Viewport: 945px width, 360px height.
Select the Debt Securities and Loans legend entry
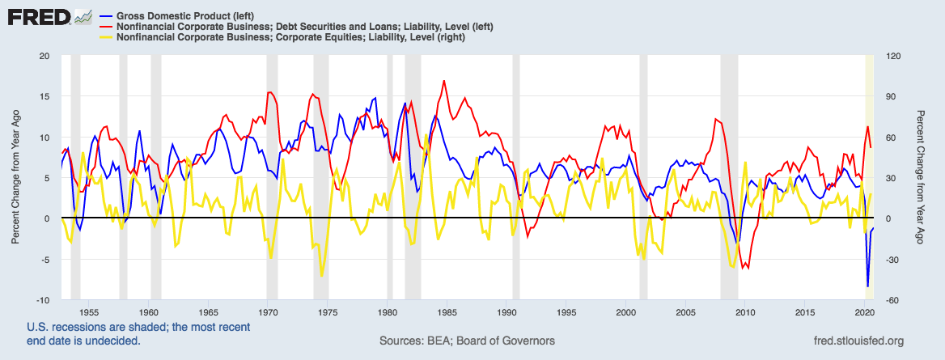tap(300, 27)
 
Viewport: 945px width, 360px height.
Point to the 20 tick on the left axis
tap(44, 56)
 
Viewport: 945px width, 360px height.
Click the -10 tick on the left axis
tap(42, 300)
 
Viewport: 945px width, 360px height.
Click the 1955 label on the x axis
tap(89, 311)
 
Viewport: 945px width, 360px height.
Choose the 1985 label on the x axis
tap(447, 311)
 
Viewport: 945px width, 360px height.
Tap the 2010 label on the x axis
tap(746, 311)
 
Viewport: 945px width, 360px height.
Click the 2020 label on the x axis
tap(865, 311)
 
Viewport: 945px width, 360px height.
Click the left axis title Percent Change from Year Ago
tap(15, 178)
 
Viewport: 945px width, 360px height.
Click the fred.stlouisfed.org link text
tap(850, 341)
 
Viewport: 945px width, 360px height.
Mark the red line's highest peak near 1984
tap(443, 81)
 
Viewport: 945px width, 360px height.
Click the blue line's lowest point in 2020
tap(868, 286)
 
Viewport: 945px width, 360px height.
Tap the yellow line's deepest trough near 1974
tap(322, 276)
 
